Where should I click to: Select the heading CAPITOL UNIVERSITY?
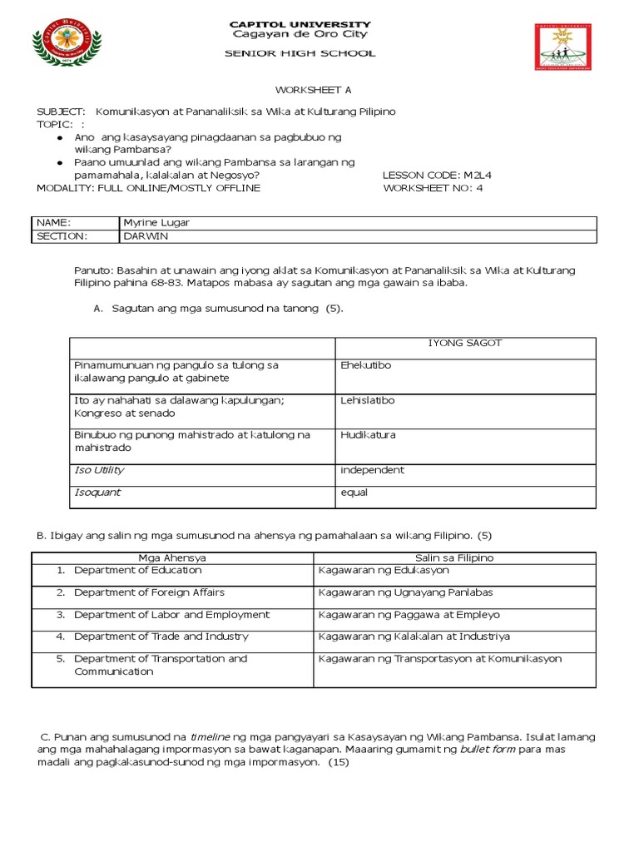pyautogui.click(x=300, y=24)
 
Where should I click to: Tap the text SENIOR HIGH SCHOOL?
pyautogui.click(x=300, y=53)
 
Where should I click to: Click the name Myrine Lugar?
pyautogui.click(x=162, y=223)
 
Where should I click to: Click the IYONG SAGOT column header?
pyautogui.click(x=465, y=343)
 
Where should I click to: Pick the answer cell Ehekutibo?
pyautogui.click(x=366, y=365)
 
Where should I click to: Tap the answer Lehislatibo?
pyautogui.click(x=368, y=400)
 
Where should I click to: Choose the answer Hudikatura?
pyautogui.click(x=368, y=435)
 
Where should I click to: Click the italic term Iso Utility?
pyautogui.click(x=99, y=470)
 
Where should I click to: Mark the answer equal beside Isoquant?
pyautogui.click(x=354, y=493)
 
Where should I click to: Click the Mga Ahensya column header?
pyautogui.click(x=172, y=557)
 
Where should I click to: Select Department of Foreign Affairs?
pyautogui.click(x=149, y=592)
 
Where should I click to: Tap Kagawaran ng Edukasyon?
pyautogui.click(x=384, y=571)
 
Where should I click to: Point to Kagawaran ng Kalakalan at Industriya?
pyautogui.click(x=414, y=637)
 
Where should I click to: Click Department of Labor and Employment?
pyautogui.click(x=171, y=615)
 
